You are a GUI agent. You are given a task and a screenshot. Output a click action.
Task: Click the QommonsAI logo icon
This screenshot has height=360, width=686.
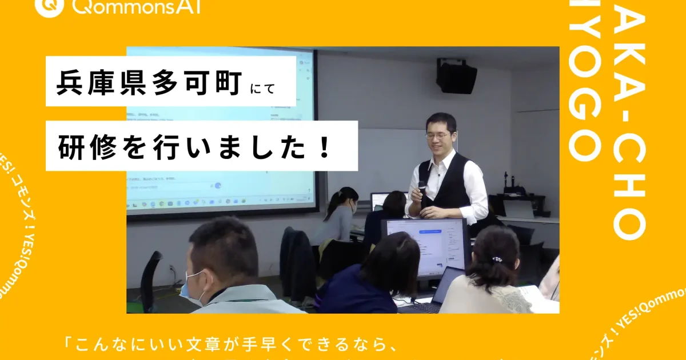pyautogui.click(x=47, y=6)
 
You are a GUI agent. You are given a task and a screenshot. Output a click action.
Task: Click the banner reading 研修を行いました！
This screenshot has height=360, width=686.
pyautogui.click(x=195, y=147)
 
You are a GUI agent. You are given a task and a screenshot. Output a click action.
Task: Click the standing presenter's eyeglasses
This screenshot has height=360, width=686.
pyautogui.click(x=438, y=135)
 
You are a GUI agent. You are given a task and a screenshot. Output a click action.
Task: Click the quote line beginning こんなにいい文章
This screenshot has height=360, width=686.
pyautogui.click(x=229, y=346)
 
